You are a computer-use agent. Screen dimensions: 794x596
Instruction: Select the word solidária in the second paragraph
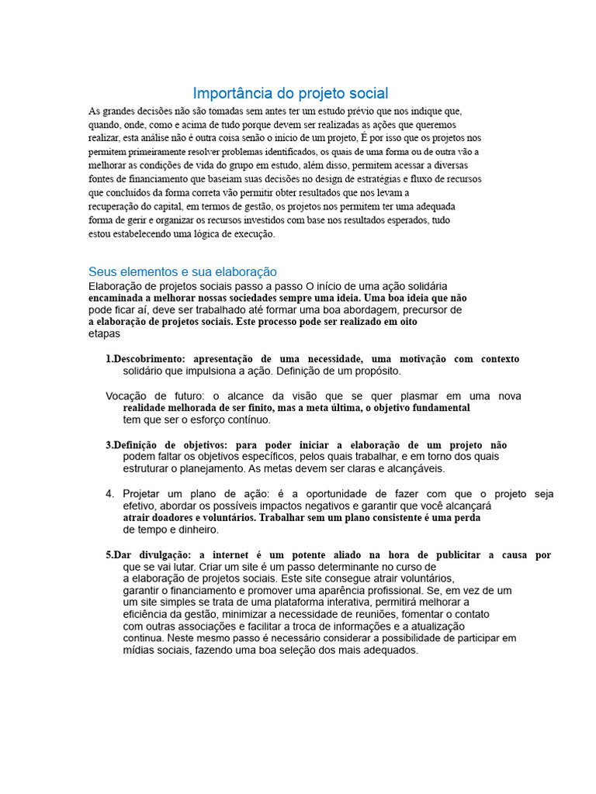tap(422, 286)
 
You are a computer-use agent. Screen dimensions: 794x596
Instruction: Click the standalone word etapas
tap(104, 334)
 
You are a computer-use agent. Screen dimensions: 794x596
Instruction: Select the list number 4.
tap(110, 494)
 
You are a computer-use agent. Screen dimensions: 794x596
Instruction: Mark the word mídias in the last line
tap(140, 651)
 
